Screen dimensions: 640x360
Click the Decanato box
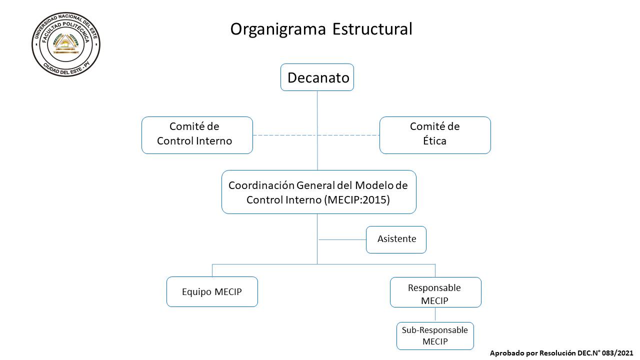[x=317, y=77]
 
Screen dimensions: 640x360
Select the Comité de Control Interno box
[x=197, y=135]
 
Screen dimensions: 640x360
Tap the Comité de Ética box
[x=435, y=135]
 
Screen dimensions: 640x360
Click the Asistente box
[x=396, y=239]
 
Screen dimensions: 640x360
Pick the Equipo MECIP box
[x=212, y=291]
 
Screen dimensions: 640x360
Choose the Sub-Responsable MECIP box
[x=435, y=336]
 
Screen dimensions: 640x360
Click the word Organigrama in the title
[x=278, y=29]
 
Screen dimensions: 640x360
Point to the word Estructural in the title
[x=372, y=29]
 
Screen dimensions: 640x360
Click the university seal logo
[x=66, y=44]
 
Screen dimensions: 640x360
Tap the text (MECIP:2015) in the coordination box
[x=357, y=199]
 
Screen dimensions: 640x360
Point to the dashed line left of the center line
[x=285, y=135]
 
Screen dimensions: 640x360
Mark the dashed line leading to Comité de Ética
[x=348, y=135]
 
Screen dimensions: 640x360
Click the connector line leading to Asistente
[x=342, y=239]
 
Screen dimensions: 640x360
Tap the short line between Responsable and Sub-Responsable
[x=435, y=315]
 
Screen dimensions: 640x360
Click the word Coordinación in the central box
[x=261, y=185]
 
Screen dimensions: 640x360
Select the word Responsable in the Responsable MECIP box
[x=434, y=287]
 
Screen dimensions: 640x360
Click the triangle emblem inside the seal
[x=66, y=43]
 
